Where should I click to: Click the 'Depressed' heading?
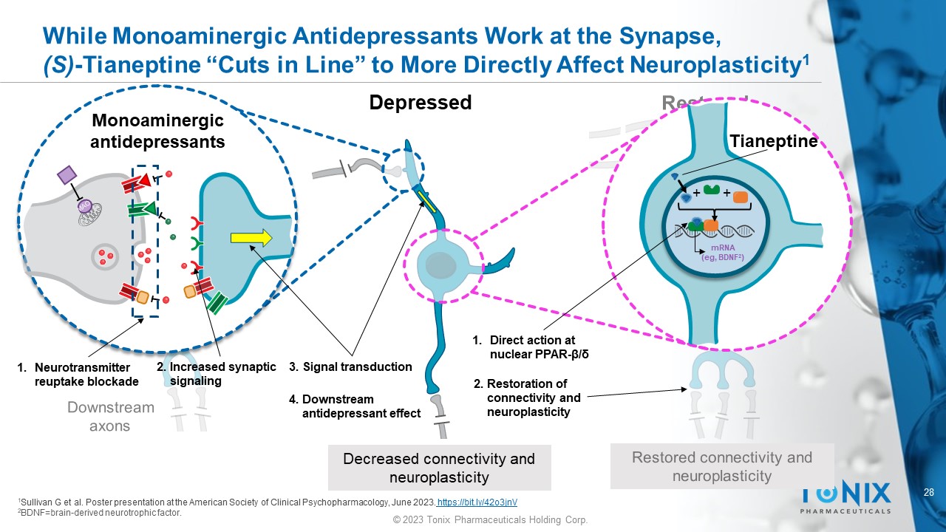pos(420,103)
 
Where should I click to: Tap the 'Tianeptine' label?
pos(773,141)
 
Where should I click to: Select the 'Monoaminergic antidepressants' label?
pos(157,131)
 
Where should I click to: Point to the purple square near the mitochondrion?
pos(67,175)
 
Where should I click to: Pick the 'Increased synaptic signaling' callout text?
pos(216,374)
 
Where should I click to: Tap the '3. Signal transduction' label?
pos(350,366)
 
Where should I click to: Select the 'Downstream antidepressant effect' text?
pos(355,406)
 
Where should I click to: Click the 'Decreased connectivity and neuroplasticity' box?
pos(439,468)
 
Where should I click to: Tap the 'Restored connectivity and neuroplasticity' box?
pos(721,466)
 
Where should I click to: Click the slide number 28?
pos(930,492)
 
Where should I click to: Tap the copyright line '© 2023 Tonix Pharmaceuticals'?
pos(490,520)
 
